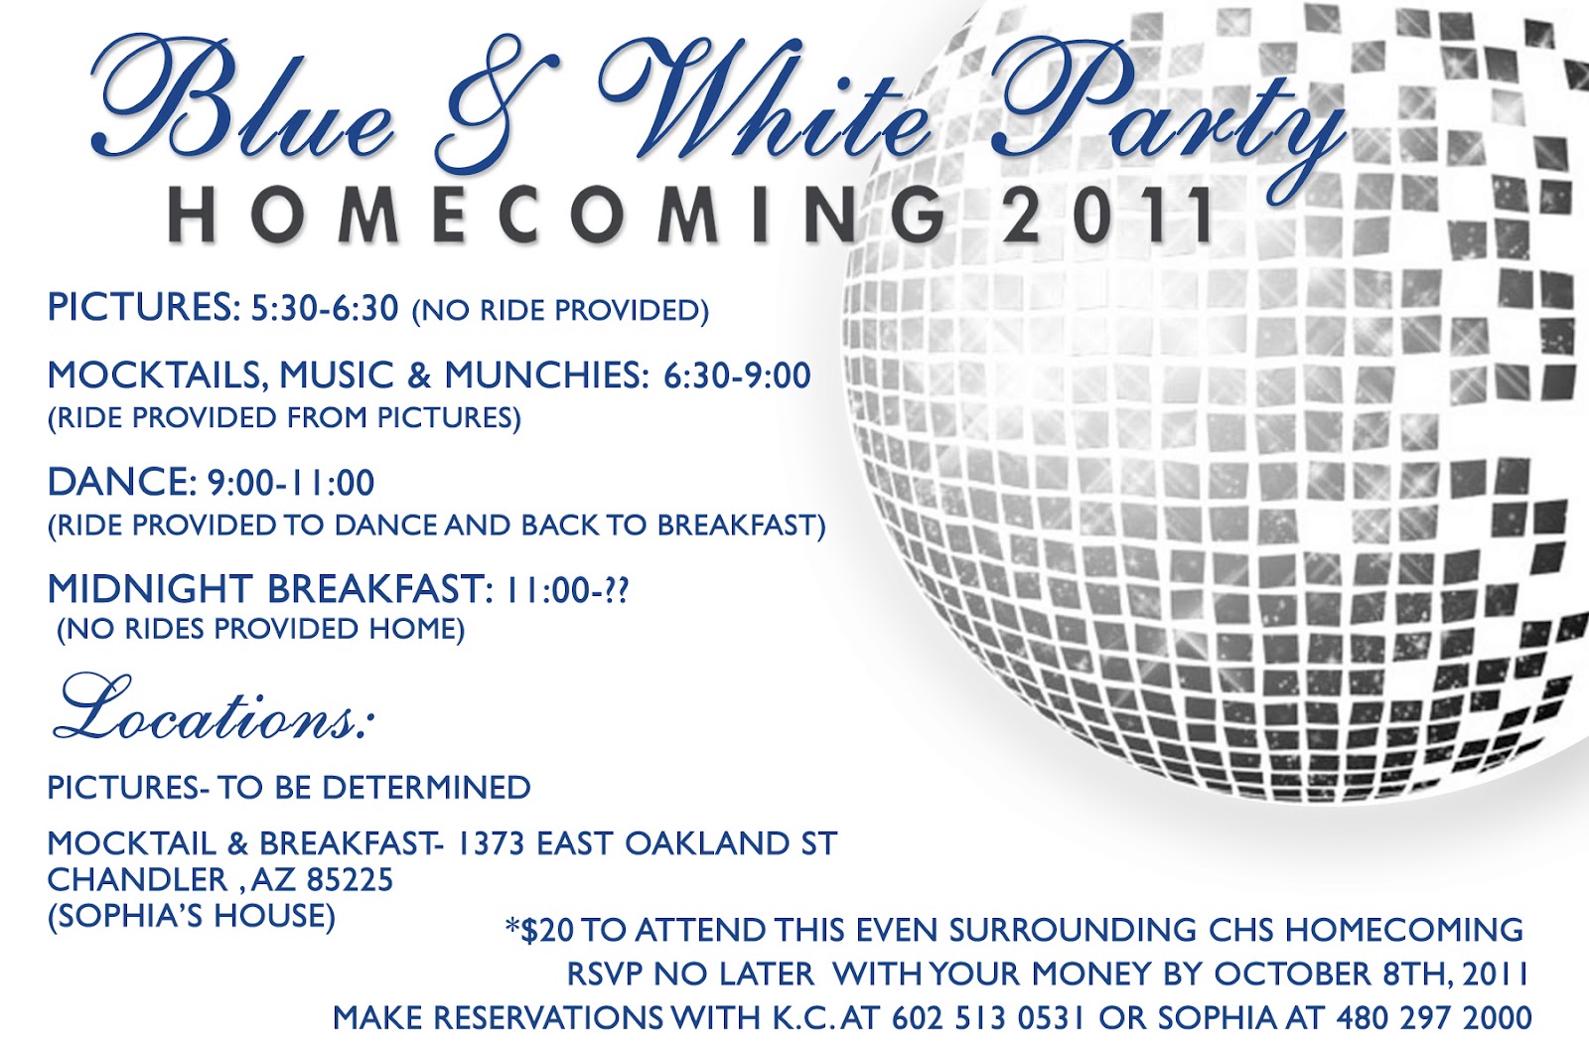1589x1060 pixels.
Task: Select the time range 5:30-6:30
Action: [x=325, y=308]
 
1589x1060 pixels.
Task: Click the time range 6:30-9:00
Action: [x=738, y=376]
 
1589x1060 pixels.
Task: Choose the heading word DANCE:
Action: [x=123, y=483]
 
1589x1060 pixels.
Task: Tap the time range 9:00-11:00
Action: [x=291, y=484]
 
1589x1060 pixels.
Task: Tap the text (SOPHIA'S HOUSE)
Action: [x=192, y=915]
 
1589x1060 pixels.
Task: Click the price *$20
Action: [x=539, y=931]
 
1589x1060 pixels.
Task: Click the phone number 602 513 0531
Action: [x=988, y=1018]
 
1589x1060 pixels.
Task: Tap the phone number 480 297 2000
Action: [x=1433, y=1018]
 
